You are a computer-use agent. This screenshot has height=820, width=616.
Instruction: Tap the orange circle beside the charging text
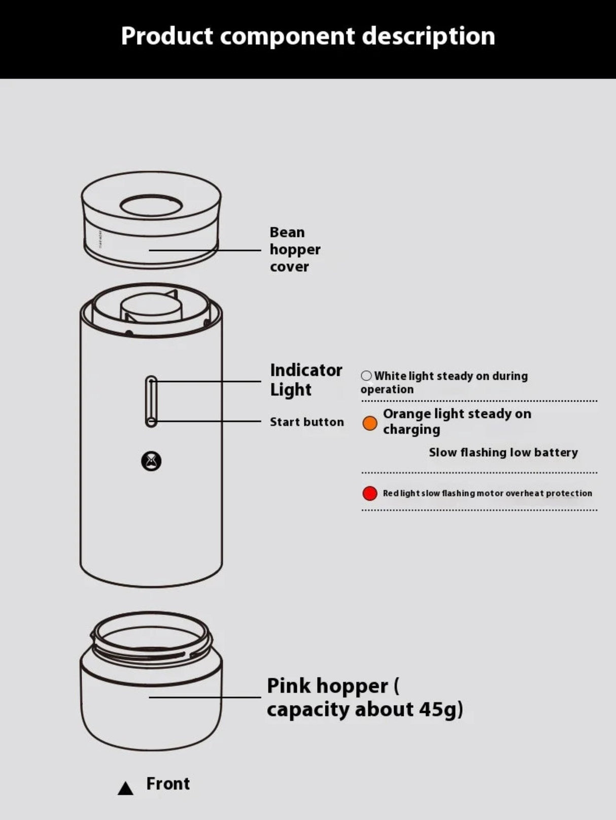click(x=369, y=423)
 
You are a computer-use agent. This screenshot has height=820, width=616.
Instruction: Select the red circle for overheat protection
click(x=369, y=493)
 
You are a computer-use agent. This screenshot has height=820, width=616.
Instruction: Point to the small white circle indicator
click(x=366, y=375)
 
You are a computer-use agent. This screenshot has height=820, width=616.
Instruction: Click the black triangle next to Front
click(x=125, y=788)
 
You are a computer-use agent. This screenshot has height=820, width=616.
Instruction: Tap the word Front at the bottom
click(x=168, y=784)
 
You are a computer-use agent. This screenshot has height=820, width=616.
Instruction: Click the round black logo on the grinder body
click(x=151, y=462)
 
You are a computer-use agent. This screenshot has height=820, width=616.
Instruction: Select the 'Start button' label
click(x=307, y=422)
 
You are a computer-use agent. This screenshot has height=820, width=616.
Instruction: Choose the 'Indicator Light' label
click(x=306, y=380)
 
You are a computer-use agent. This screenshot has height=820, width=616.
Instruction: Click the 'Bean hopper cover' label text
click(x=295, y=249)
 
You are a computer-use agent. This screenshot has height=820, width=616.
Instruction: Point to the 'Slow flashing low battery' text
click(x=503, y=452)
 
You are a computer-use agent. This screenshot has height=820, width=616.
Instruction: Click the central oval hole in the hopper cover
click(x=151, y=206)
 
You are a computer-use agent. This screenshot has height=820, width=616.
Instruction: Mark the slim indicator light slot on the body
click(x=151, y=402)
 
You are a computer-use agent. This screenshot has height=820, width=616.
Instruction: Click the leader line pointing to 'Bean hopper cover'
click(x=205, y=250)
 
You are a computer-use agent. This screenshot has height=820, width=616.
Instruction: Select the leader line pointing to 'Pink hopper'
click(x=205, y=697)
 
